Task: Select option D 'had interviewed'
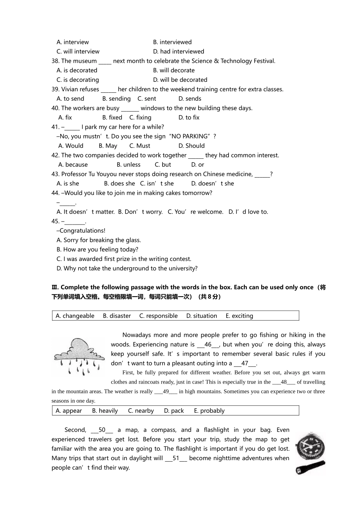178,52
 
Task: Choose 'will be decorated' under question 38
180,80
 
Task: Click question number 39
55,89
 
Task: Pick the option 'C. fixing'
140,118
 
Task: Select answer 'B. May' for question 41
108,146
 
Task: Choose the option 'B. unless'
128,165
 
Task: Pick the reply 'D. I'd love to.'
248,212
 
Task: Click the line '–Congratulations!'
81,231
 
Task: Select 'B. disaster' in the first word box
117,316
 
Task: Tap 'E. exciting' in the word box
239,316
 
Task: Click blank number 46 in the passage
208,345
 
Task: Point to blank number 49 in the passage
166,392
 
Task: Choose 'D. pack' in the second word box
174,411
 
